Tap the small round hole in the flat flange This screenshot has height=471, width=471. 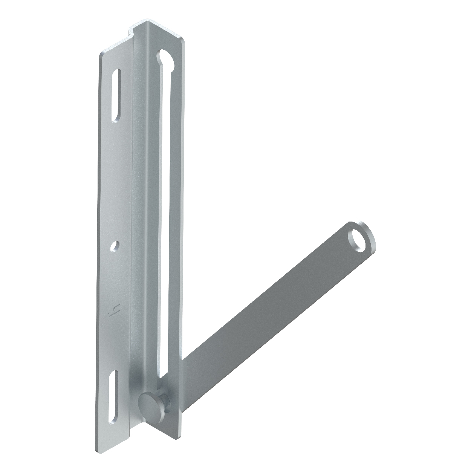(x=115, y=245)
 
